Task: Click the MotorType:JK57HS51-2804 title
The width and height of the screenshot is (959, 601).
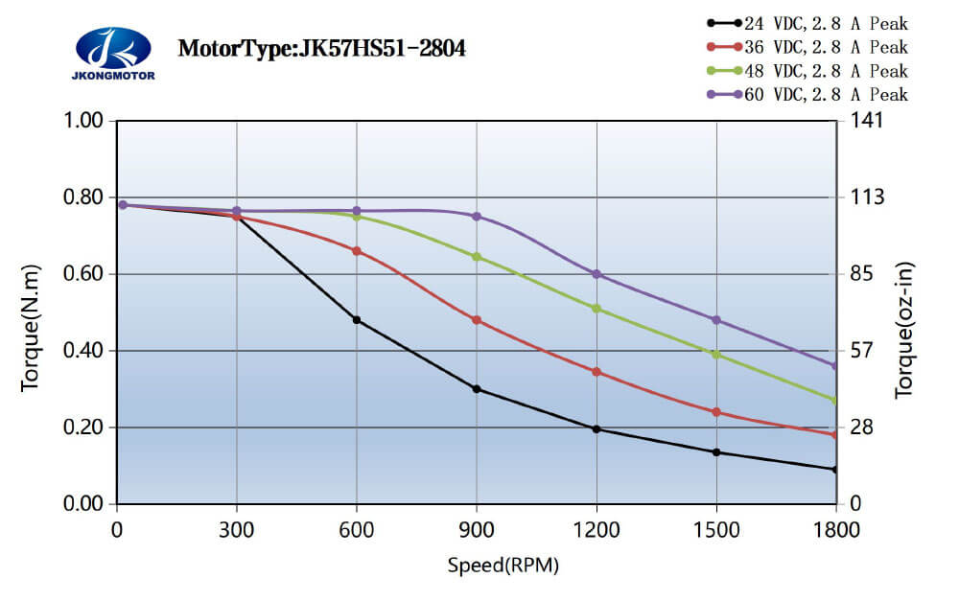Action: click(x=322, y=48)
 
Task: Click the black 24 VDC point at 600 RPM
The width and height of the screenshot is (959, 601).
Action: click(x=357, y=320)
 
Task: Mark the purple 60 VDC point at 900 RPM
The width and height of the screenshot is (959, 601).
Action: click(x=477, y=217)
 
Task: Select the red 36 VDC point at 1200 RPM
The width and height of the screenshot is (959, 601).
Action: click(x=596, y=372)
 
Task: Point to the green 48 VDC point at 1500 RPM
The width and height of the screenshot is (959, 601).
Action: click(x=716, y=355)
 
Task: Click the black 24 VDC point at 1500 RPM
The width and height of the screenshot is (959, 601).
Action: click(x=716, y=452)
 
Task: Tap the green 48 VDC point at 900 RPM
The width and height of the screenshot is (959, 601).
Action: click(x=477, y=257)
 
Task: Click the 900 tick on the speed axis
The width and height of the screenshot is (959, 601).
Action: click(x=477, y=526)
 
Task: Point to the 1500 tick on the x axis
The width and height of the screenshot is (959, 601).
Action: click(x=716, y=526)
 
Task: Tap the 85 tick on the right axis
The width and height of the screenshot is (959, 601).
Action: click(x=860, y=274)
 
